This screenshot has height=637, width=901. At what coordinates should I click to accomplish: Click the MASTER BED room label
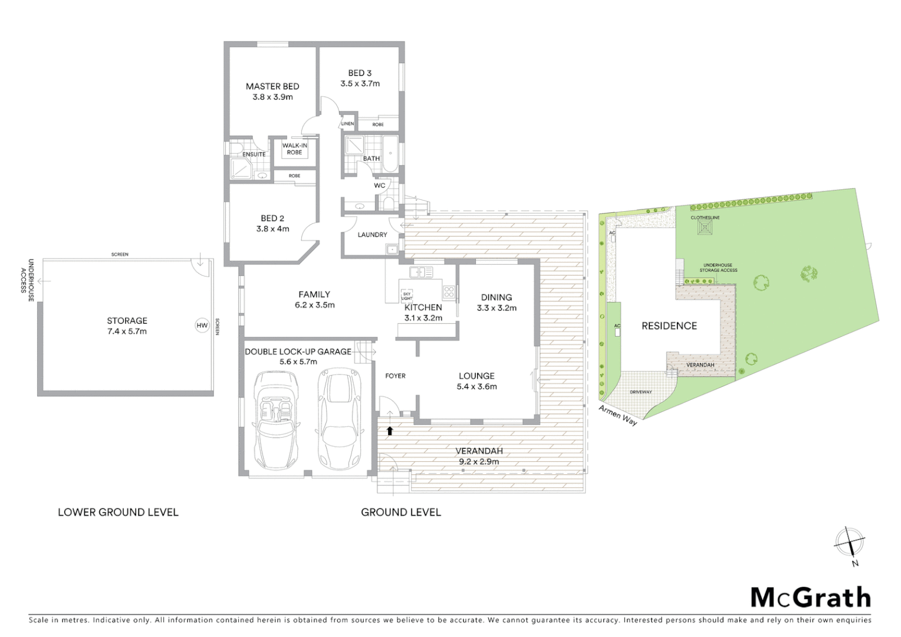(272, 86)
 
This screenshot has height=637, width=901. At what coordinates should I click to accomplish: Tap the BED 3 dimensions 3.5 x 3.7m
(360, 84)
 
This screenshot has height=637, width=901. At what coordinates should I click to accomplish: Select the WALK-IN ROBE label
(294, 149)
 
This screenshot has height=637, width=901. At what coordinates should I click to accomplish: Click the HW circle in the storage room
(202, 325)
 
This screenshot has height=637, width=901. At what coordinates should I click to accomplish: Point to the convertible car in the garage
(274, 419)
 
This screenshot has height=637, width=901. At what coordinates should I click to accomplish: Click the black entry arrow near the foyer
(389, 431)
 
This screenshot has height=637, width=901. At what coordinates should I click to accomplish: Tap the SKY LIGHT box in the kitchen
(407, 295)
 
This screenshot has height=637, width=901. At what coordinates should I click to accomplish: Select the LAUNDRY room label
(372, 235)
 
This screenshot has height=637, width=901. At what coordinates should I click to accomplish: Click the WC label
(380, 185)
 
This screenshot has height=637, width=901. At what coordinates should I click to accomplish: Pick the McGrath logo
(810, 597)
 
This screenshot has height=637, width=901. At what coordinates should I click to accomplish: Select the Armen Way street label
(618, 415)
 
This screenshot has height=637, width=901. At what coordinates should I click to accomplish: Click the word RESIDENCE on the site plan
(669, 326)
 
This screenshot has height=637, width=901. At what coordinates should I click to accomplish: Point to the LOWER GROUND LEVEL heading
(118, 512)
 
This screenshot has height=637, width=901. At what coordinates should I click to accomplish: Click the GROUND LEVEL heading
(401, 512)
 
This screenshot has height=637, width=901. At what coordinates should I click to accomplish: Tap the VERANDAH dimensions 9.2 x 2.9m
(479, 461)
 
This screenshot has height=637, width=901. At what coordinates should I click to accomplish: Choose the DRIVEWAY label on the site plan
(640, 392)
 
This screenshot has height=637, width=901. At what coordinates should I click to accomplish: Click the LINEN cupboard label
(348, 124)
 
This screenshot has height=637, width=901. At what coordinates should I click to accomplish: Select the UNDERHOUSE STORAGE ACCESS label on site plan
(718, 268)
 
